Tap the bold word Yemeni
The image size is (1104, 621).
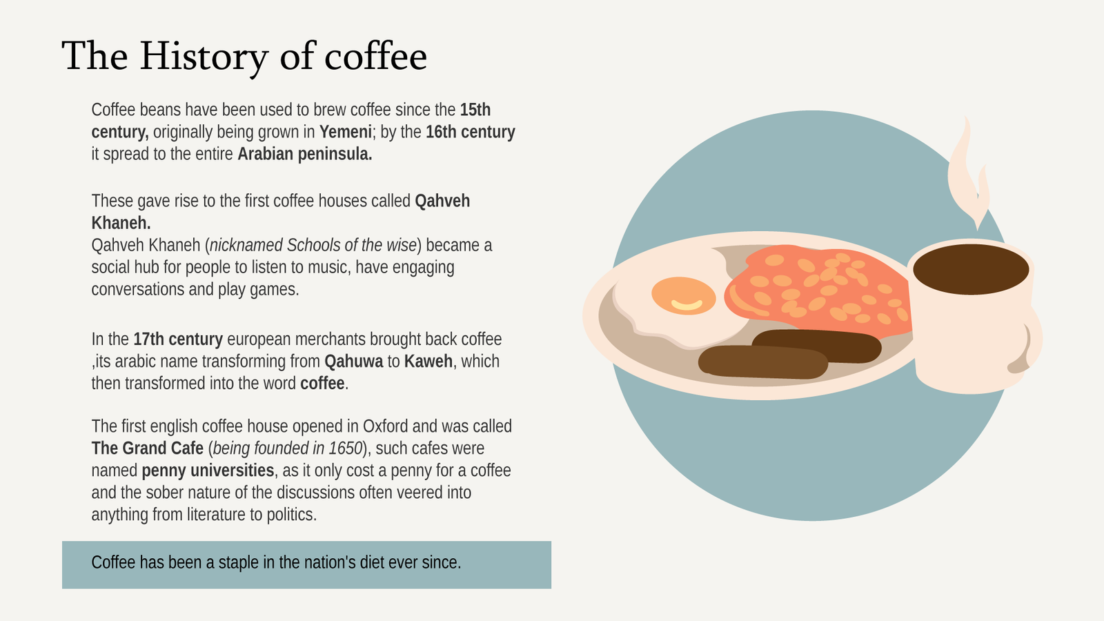click(x=345, y=132)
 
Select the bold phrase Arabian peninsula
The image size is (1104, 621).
click(x=304, y=155)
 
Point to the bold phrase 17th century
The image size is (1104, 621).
click(x=178, y=339)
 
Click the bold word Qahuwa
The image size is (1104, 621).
click(x=353, y=362)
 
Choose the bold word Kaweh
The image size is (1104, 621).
click(x=428, y=362)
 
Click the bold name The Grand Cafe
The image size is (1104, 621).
click(x=148, y=448)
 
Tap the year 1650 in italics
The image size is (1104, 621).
click(x=346, y=448)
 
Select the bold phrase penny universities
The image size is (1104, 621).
click(x=208, y=471)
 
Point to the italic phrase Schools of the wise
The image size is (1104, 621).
click(x=352, y=246)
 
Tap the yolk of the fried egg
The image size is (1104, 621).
click(x=683, y=296)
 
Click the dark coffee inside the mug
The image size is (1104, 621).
click(x=971, y=269)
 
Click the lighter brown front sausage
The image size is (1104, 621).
click(x=763, y=362)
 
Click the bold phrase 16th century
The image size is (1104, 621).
click(x=470, y=132)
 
